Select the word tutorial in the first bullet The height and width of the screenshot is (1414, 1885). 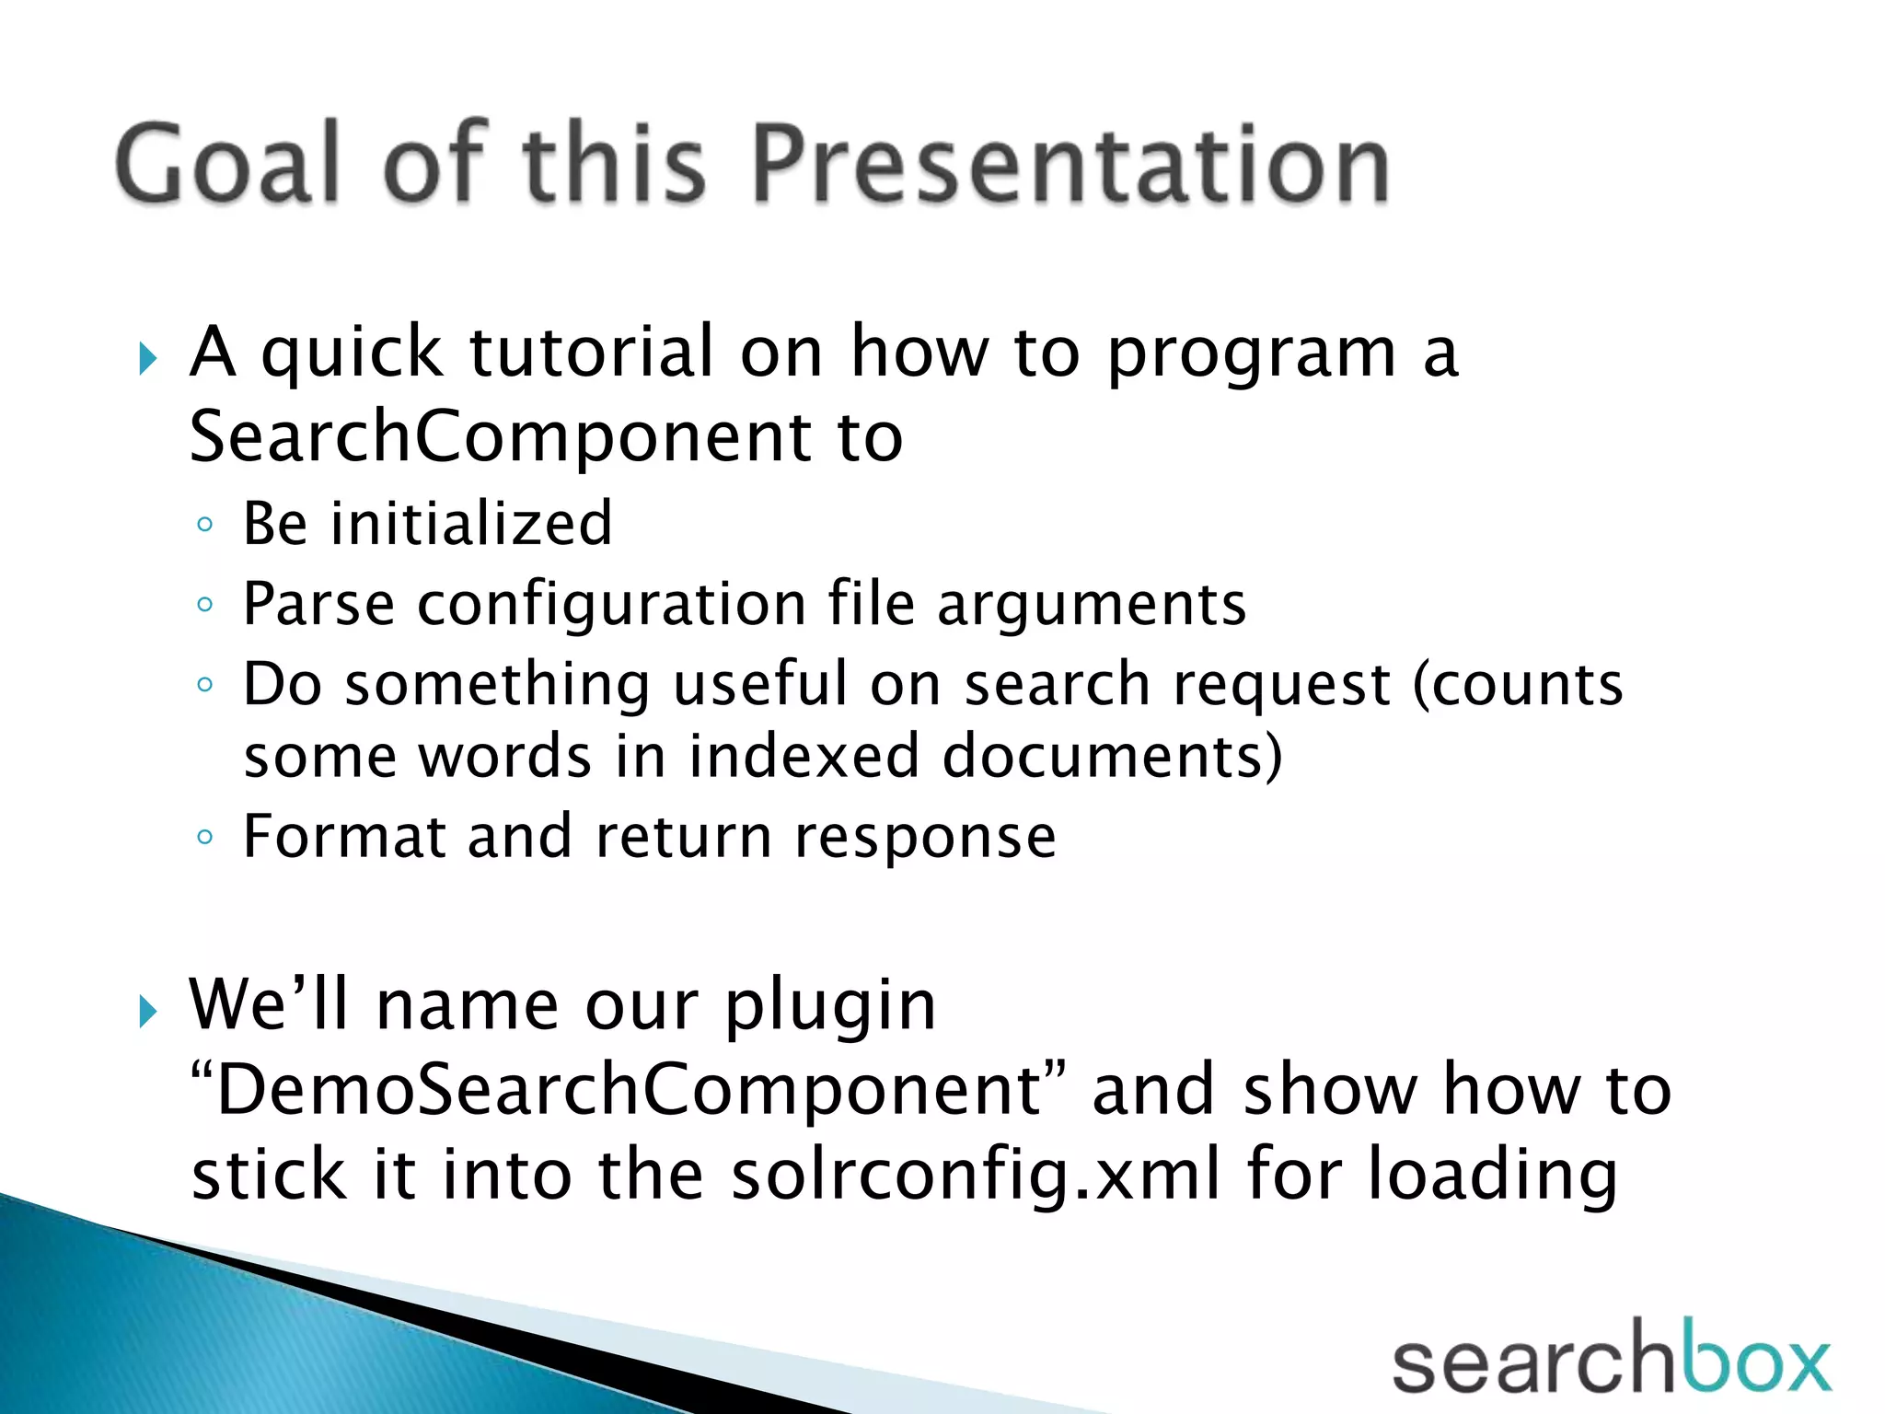(x=591, y=352)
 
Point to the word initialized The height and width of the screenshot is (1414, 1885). (x=471, y=523)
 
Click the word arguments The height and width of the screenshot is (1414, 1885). (x=1092, y=605)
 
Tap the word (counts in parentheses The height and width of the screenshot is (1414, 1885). (x=1517, y=685)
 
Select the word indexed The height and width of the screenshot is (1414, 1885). (x=804, y=757)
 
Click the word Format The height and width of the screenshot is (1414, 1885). (x=343, y=837)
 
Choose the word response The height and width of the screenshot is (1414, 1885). (x=925, y=837)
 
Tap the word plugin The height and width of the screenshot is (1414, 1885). (x=830, y=1005)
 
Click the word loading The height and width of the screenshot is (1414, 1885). (x=1491, y=1176)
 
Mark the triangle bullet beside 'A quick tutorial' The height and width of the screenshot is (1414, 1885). (x=147, y=359)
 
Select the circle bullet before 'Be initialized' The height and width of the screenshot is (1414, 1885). (x=204, y=526)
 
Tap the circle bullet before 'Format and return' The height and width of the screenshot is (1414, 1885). (x=204, y=838)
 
